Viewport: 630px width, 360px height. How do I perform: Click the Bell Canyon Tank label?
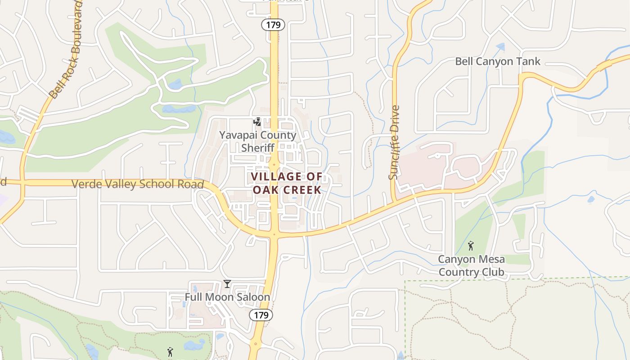(x=498, y=61)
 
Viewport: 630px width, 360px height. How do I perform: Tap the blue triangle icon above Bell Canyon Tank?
(x=500, y=46)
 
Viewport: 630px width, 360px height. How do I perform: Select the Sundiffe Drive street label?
(x=394, y=142)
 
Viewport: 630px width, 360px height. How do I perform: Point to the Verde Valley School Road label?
(x=138, y=184)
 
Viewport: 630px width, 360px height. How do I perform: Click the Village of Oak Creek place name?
(x=287, y=183)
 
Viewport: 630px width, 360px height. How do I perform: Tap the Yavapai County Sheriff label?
(x=257, y=141)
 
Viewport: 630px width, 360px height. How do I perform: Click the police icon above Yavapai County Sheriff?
(x=257, y=122)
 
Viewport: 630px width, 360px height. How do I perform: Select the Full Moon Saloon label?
(x=227, y=297)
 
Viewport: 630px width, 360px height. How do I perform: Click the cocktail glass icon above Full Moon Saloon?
(x=227, y=284)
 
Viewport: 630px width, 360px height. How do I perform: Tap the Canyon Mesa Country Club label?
(x=471, y=266)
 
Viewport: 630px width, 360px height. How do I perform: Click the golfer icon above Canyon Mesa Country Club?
(x=471, y=246)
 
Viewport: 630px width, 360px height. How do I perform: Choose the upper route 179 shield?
(x=273, y=25)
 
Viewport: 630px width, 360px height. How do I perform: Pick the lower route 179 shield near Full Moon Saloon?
(x=261, y=315)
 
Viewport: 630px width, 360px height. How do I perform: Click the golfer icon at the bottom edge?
(x=170, y=352)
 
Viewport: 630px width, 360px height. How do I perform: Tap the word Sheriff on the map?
(x=257, y=148)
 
